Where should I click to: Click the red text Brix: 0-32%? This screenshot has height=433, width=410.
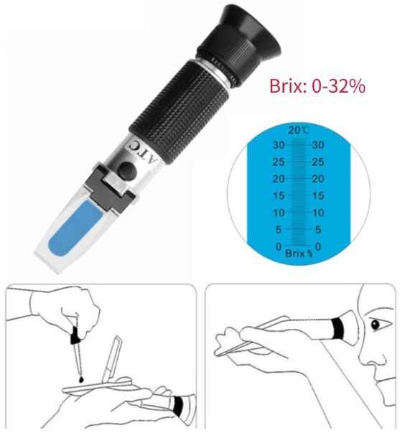[317, 86]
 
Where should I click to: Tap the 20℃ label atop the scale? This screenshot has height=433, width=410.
[299, 130]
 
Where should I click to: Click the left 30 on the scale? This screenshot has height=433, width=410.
[279, 145]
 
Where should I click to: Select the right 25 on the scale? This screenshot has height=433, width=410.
[318, 162]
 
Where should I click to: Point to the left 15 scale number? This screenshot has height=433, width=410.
[279, 196]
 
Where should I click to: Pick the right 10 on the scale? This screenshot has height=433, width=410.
[318, 213]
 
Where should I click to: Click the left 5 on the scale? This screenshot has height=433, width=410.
[279, 230]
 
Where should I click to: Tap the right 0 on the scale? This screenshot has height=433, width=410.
[318, 246]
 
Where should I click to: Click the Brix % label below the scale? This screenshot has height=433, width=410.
[299, 253]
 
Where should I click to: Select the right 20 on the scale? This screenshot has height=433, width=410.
[318, 179]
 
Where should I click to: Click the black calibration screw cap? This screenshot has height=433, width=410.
[127, 170]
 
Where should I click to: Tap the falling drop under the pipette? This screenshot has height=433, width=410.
[81, 379]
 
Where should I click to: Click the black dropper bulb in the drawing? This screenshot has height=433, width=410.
[75, 335]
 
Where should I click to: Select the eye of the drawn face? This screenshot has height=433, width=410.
[376, 325]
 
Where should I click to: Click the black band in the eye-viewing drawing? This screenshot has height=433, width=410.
[338, 329]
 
